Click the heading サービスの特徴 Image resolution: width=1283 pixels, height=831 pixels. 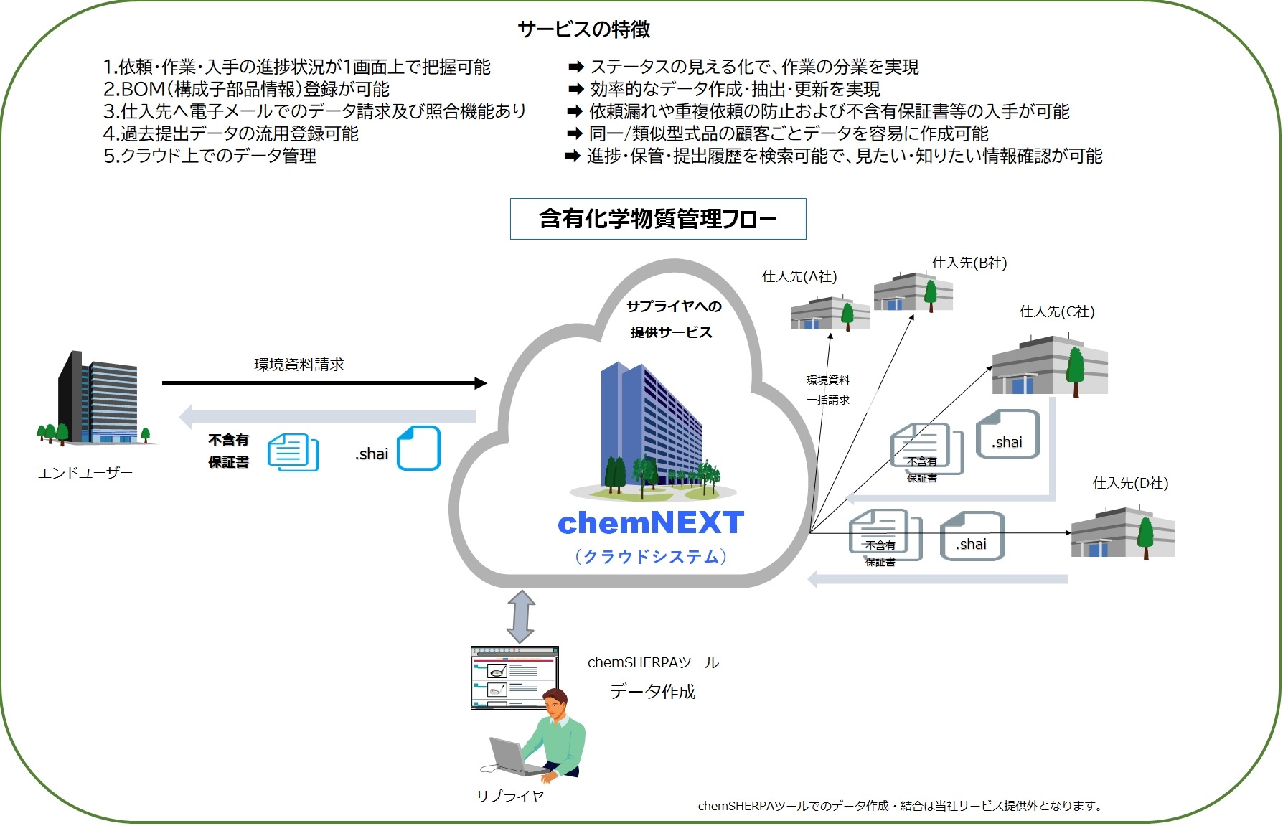coord(583,29)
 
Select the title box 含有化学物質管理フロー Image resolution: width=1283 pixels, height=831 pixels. coord(657,219)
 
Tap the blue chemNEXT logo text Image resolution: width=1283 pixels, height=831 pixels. coord(650,523)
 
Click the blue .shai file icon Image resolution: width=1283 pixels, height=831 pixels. coord(418,449)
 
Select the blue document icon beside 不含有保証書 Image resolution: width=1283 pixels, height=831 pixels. coord(293,452)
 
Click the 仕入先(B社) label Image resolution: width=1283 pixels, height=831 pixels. coord(969,263)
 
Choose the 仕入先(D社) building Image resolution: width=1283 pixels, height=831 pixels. coord(1122,533)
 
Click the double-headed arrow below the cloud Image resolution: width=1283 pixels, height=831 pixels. coord(521,616)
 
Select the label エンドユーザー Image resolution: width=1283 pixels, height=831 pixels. coord(85,473)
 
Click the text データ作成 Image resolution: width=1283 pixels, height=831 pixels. coord(652,692)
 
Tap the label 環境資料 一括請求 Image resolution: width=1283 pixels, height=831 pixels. coord(827,390)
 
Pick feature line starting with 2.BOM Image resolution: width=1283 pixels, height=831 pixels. coord(246,89)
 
